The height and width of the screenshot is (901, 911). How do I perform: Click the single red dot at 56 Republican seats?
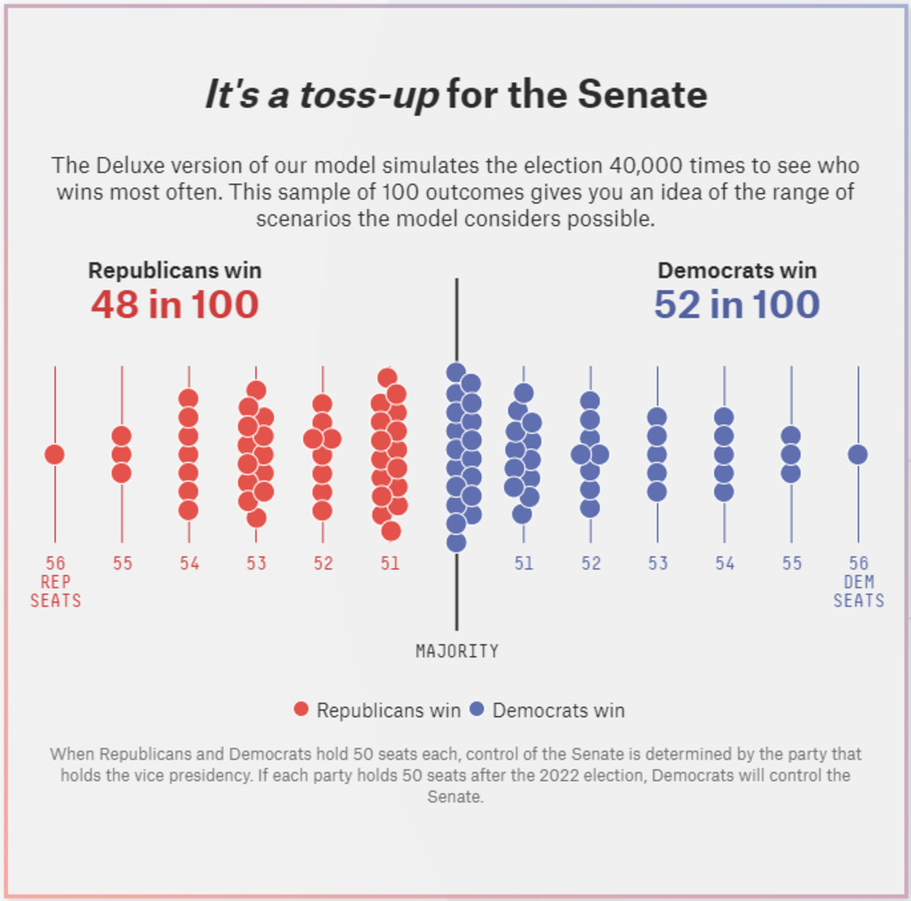pos(54,454)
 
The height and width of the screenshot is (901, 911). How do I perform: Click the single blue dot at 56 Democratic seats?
pos(858,454)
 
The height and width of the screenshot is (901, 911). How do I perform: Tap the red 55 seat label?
pos(122,564)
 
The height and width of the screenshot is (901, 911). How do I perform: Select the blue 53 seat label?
pos(657,564)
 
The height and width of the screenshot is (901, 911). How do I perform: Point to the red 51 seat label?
pos(390,564)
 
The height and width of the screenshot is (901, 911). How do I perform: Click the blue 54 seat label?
pos(724,564)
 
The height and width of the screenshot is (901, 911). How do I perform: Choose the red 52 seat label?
pos(322,564)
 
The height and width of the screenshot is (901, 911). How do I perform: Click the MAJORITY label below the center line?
pos(456,652)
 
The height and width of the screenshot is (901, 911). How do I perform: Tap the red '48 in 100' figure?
pos(174,305)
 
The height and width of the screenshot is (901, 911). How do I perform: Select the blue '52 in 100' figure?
pos(737,305)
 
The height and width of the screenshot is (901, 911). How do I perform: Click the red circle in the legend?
pos(302,710)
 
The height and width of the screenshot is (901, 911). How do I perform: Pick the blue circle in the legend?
pos(477,710)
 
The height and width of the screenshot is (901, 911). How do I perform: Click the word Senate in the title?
pos(642,94)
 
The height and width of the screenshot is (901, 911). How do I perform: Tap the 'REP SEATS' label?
pos(55,591)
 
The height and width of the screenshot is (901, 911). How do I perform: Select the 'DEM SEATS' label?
pos(859,591)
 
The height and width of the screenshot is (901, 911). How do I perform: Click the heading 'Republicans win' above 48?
pos(174,271)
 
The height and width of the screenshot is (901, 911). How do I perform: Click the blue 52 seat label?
pos(591,564)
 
